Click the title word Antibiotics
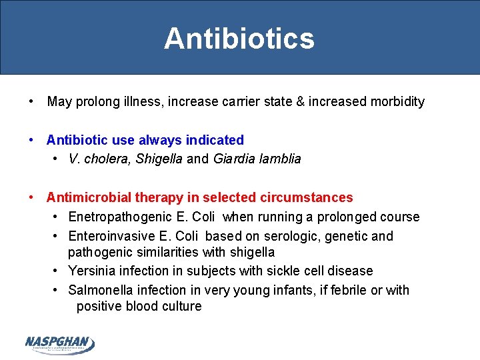pos(239,39)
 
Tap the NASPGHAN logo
pos(60,343)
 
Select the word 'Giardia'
pos(235,159)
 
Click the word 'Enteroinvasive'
pos(111,236)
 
